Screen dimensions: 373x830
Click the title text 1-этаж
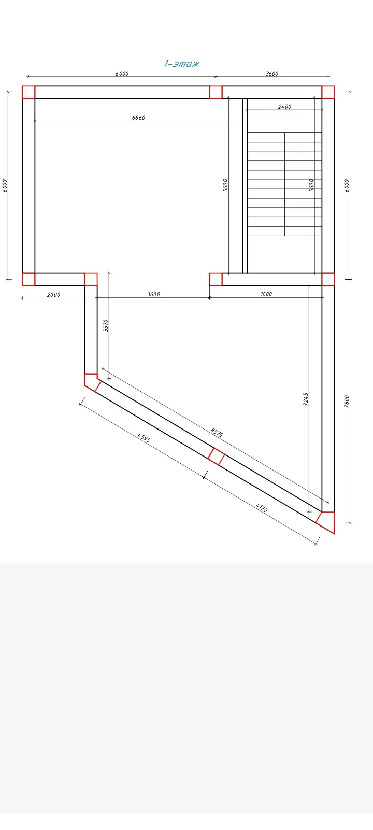coord(182,63)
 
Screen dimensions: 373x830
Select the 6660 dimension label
coord(138,118)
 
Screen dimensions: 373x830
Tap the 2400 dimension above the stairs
coord(284,107)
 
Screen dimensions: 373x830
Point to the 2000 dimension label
coord(54,295)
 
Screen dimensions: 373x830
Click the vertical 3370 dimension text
coord(106,325)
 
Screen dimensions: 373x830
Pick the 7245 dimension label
coord(306,399)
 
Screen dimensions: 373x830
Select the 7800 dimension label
coord(347,402)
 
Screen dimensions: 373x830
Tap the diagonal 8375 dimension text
coord(217,433)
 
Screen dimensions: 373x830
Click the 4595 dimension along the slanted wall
coord(144,437)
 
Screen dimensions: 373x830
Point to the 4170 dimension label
coord(261,507)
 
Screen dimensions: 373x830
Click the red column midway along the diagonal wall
coord(216,457)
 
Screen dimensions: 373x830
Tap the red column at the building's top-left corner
coord(28,92)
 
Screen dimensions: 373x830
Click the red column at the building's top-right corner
coord(328,92)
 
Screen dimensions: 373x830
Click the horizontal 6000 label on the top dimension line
coord(122,73)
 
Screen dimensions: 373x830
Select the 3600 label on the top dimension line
coord(272,73)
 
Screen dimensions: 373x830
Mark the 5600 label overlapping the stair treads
coord(311,185)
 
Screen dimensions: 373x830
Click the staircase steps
coord(284,184)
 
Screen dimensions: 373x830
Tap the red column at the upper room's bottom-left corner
coord(28,280)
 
